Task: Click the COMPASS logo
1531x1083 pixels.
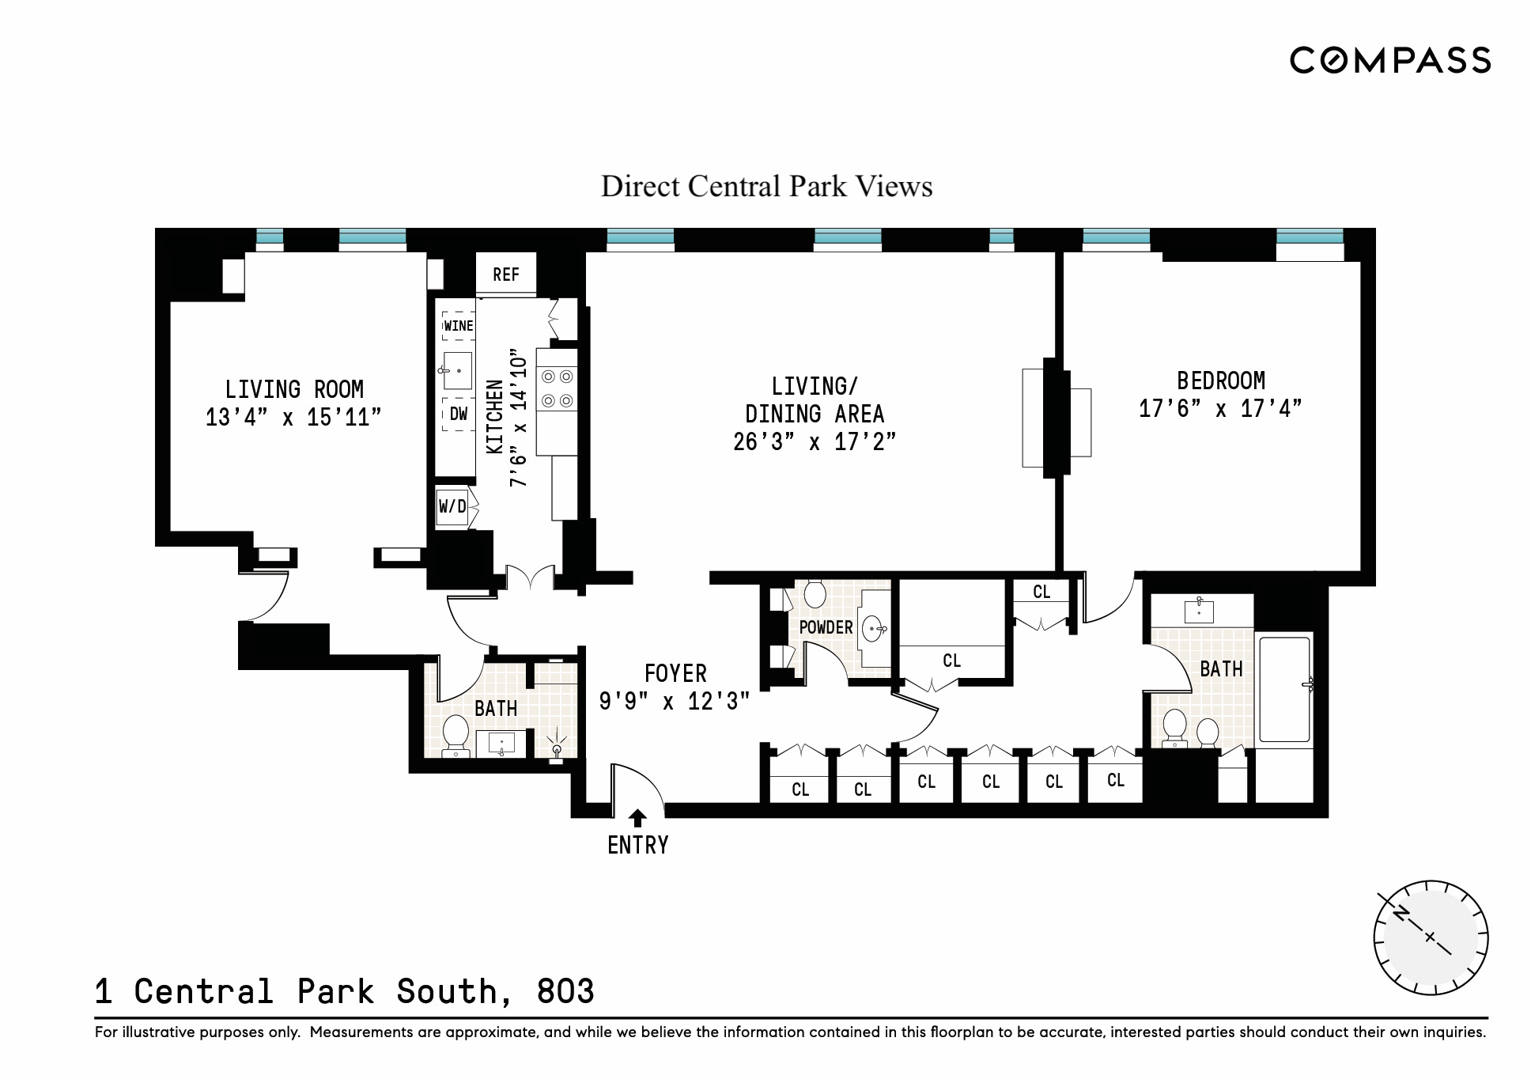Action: pos(1389,61)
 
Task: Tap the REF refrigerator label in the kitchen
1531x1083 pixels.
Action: pos(506,275)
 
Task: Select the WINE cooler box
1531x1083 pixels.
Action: pos(459,326)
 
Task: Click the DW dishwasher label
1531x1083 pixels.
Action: pos(459,414)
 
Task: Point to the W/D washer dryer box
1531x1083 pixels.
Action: pos(453,506)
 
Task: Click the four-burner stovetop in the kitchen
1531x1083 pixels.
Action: pos(557,388)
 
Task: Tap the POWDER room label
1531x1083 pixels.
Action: pos(826,627)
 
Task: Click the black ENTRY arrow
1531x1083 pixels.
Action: pos(637,818)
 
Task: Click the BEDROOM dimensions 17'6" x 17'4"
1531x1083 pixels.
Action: pos(1219,409)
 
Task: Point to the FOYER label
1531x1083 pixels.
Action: pos(675,674)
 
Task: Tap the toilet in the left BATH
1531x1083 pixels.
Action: pos(456,734)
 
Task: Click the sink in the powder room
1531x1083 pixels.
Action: pos(873,630)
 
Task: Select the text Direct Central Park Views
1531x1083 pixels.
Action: pos(766,187)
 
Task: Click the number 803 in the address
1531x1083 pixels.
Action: pos(565,992)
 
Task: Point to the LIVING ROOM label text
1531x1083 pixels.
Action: pos(294,390)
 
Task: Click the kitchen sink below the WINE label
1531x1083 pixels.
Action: pos(457,370)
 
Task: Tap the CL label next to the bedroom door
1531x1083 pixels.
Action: pos(1041,592)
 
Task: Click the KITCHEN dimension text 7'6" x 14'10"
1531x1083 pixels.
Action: pos(518,417)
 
